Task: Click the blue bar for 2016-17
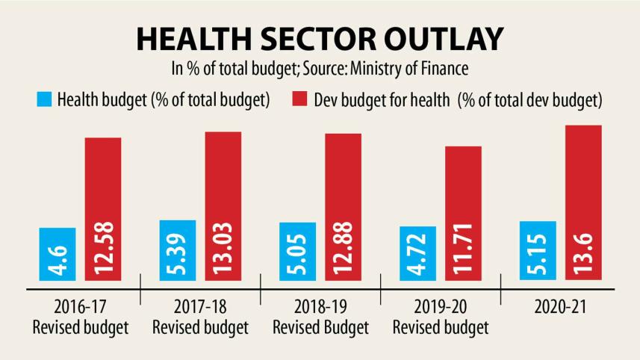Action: (57, 254)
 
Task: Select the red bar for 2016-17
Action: (103, 209)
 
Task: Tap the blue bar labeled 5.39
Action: (178, 250)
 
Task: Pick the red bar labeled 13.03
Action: (223, 206)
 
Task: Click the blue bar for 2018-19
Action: (298, 251)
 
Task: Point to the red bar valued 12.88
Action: (344, 207)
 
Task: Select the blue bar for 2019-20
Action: (417, 252)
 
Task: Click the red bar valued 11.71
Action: (463, 213)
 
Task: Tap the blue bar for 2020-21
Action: (538, 250)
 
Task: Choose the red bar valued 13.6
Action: (584, 202)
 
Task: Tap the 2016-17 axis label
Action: (81, 308)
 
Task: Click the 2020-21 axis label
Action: (561, 308)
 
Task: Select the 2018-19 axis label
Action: (320, 308)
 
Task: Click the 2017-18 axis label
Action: (200, 308)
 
